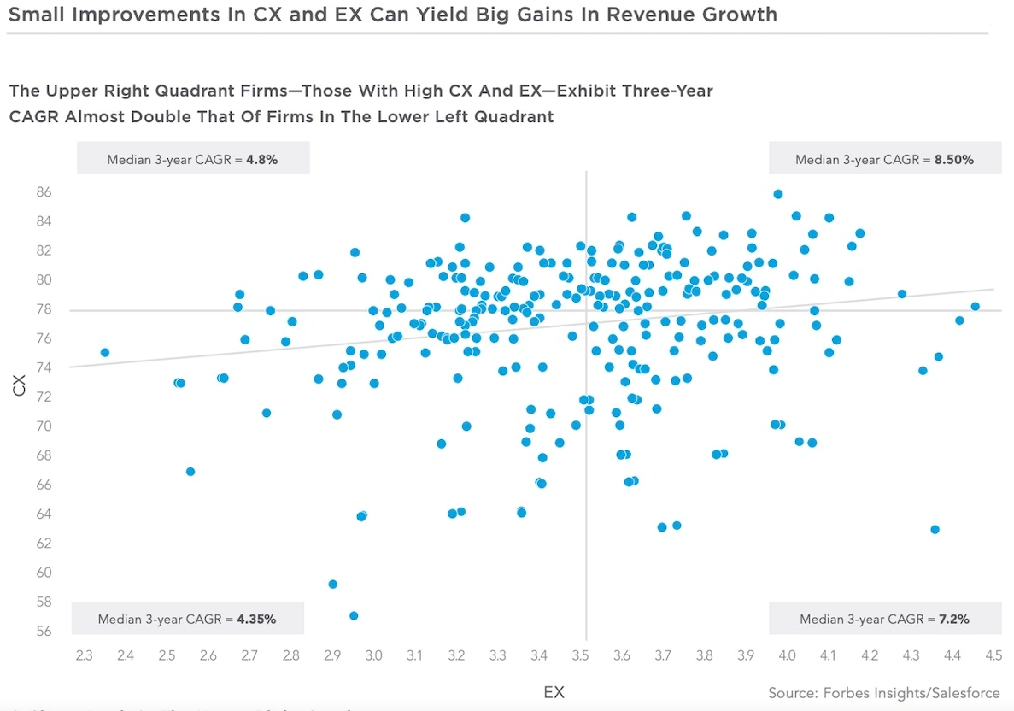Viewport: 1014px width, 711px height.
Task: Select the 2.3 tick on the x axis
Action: point(84,655)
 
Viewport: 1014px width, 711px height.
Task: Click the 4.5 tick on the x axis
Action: point(993,655)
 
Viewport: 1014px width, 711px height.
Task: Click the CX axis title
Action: point(18,386)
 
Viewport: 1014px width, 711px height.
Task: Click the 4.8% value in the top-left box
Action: point(261,159)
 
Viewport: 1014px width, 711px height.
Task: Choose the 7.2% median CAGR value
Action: point(952,619)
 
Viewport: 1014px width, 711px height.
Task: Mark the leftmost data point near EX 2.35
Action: point(105,352)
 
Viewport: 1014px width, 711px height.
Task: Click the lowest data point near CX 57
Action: point(354,615)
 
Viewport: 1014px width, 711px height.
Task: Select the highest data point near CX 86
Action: point(778,194)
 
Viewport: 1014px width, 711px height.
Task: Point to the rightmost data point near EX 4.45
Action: point(975,306)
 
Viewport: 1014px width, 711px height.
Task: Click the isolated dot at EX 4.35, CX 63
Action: point(935,529)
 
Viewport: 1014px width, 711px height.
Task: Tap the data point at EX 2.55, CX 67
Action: point(190,472)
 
